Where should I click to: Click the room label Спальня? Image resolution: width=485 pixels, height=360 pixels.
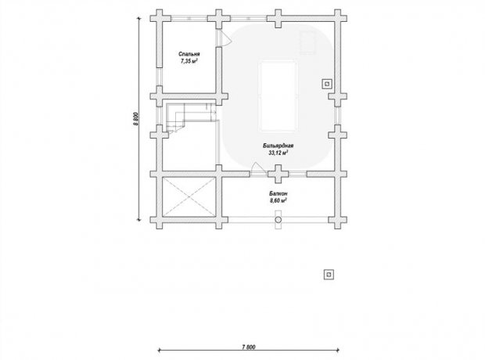pyautogui.click(x=189, y=54)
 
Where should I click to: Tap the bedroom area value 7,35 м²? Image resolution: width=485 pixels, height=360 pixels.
pyautogui.click(x=189, y=61)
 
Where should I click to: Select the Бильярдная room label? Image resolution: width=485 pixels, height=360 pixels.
pyautogui.click(x=278, y=146)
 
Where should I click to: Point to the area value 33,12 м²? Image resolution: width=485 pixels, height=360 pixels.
pyautogui.click(x=278, y=153)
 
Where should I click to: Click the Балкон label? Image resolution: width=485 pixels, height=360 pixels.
pyautogui.click(x=278, y=193)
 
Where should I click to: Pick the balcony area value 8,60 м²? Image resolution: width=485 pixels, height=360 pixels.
pyautogui.click(x=278, y=200)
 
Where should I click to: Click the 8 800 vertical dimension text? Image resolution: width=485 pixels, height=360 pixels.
pyautogui.click(x=135, y=119)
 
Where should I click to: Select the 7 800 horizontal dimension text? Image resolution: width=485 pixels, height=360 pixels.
pyautogui.click(x=249, y=347)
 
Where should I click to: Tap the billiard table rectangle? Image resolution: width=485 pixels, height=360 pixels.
pyautogui.click(x=278, y=96)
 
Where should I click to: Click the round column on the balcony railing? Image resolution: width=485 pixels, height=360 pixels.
pyautogui.click(x=278, y=220)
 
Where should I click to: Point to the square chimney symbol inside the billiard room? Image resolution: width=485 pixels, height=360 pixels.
pyautogui.click(x=327, y=84)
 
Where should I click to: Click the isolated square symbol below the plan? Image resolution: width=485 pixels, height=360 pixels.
pyautogui.click(x=329, y=274)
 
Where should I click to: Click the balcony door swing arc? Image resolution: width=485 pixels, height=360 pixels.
pyautogui.click(x=257, y=167)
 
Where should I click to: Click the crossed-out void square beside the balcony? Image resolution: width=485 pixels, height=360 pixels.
pyautogui.click(x=189, y=196)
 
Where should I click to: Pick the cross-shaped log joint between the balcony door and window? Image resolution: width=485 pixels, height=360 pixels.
pyautogui.click(x=278, y=175)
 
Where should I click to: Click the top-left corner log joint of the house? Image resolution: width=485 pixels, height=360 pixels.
pyautogui.click(x=160, y=19)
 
